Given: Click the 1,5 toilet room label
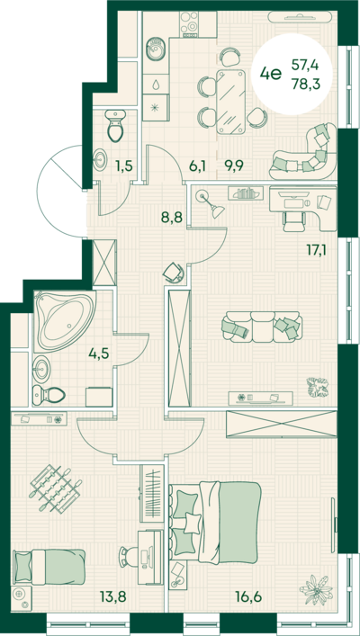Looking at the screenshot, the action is point(125,166).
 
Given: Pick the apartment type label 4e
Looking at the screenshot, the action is point(271,75).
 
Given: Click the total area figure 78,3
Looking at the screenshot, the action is point(306,85).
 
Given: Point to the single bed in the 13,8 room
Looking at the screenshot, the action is point(49,567).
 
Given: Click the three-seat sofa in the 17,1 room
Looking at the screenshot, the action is point(262,327).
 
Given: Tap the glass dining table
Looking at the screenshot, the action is point(231,102).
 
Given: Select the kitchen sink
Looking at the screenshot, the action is point(155,50).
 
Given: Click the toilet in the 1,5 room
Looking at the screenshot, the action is point(115,125).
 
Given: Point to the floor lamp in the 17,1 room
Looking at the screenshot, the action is point(210,203).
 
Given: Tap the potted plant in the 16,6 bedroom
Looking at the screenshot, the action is point(316,590).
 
